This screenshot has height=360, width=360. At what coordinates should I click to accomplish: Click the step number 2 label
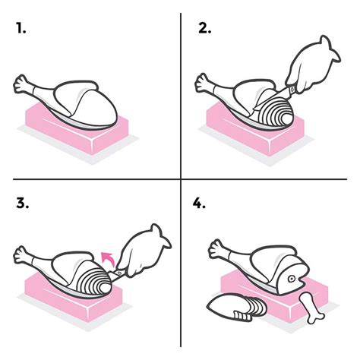pos(204,30)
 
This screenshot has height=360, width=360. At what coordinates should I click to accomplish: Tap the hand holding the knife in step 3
pos(144,251)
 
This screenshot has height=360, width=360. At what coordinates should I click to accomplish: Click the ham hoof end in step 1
pos(22,84)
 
